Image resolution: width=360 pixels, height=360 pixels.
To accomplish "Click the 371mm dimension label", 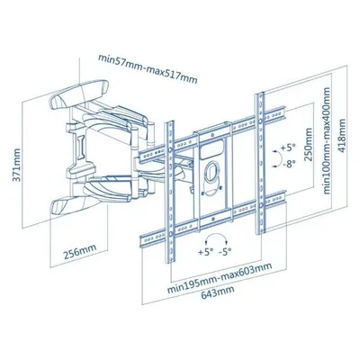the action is tap(17, 165).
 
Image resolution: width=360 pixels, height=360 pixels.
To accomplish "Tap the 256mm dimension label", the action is tap(80, 252).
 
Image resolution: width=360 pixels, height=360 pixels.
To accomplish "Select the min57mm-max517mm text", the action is tap(148, 69).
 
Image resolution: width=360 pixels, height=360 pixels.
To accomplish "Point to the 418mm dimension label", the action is tap(342, 136).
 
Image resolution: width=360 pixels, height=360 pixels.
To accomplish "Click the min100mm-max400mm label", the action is tap(327, 140).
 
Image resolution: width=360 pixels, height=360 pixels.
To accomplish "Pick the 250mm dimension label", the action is tap(308, 145).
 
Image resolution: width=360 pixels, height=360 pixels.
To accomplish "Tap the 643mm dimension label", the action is tap(218, 292).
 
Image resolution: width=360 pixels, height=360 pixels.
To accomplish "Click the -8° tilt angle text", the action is tap(288, 164).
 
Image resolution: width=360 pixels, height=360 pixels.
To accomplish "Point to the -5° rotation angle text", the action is tap(225, 252).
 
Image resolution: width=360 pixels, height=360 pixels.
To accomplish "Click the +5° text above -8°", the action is tap(288, 148).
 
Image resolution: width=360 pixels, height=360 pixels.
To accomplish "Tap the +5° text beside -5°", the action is tap(206, 252).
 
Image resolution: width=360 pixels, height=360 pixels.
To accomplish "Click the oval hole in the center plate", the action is tap(211, 171).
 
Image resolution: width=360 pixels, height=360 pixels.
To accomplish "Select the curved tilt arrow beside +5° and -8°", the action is tap(278, 158).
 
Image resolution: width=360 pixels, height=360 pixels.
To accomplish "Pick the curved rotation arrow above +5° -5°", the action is tap(216, 238).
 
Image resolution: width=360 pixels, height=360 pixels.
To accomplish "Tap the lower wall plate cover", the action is tap(79, 203).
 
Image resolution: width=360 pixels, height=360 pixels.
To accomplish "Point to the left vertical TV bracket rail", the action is tap(170, 192).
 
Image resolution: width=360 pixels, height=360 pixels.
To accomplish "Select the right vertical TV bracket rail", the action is tap(260, 163).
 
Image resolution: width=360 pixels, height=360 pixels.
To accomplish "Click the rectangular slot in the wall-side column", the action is tap(80, 147).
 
